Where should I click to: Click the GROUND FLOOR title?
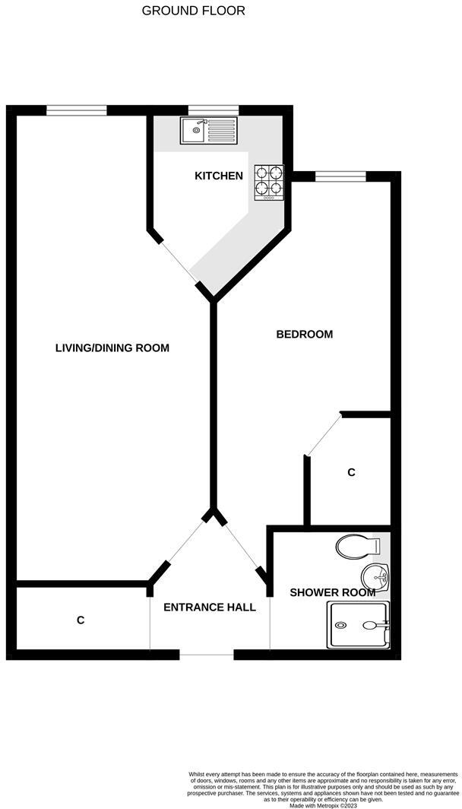click(x=194, y=11)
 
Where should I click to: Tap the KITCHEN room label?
click(x=219, y=176)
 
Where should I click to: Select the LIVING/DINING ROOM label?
click(x=112, y=348)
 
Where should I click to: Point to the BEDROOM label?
click(x=304, y=334)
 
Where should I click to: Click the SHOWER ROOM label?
click(x=333, y=592)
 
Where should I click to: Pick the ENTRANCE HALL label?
click(x=210, y=607)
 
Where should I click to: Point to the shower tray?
click(x=358, y=625)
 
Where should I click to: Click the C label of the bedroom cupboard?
click(x=351, y=472)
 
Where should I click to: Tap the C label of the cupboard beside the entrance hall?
click(x=80, y=620)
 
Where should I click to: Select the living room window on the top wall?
click(x=76, y=110)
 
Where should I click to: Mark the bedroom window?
click(x=340, y=176)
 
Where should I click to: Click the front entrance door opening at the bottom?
click(x=206, y=654)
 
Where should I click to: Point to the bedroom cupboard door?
click(x=322, y=436)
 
